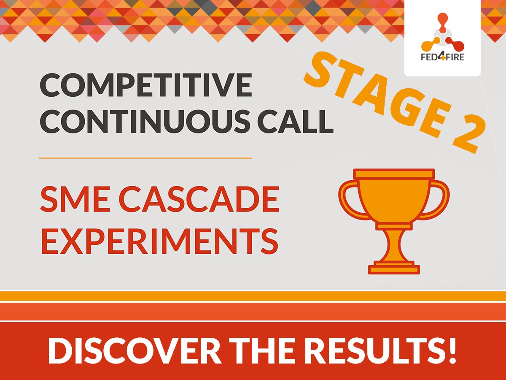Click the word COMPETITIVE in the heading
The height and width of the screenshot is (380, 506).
pos(146,85)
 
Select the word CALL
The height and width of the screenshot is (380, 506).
pos(296,121)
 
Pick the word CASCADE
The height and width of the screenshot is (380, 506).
pos(199,199)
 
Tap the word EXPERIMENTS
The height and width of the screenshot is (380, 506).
pos(160,241)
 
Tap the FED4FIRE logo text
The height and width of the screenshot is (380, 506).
pos(443,57)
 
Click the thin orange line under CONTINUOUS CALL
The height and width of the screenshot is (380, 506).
pos(145,158)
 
